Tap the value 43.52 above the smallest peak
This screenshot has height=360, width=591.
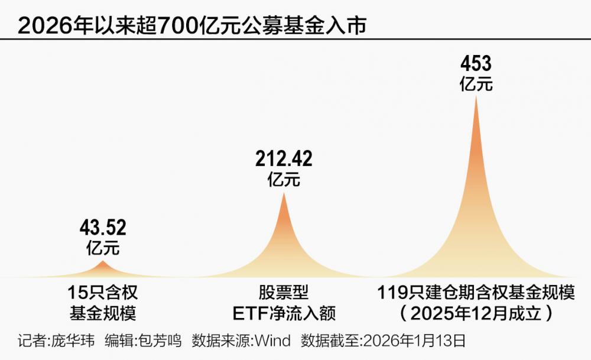point(103,228)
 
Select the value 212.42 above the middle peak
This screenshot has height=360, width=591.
point(284,159)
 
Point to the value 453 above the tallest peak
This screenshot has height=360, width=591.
point(476,64)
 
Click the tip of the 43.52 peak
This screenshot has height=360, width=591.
point(103,261)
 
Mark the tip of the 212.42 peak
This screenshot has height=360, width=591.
point(284,193)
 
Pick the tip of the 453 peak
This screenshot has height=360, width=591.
point(476,96)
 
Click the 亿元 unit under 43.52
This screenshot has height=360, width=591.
point(103,247)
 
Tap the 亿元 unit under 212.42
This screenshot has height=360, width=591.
point(284,179)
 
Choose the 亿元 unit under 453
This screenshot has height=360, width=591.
point(476,83)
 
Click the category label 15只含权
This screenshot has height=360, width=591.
point(103,292)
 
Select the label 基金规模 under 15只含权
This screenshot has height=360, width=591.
point(103,312)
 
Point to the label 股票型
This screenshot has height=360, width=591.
point(284,292)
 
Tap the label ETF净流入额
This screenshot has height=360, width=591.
point(284,312)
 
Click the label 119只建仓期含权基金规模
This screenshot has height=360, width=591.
point(476,292)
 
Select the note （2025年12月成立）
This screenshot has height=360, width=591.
point(476,312)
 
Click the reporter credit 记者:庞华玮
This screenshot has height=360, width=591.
point(56,341)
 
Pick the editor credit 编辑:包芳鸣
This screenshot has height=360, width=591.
point(142,341)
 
